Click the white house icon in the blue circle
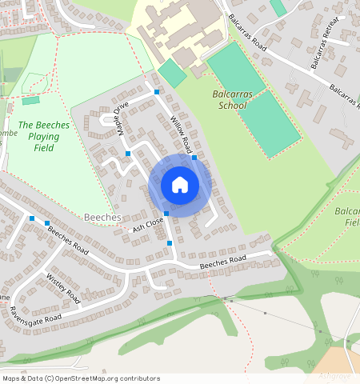[180, 185]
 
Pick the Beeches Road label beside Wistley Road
[67, 238]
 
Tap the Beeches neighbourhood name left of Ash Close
[102, 218]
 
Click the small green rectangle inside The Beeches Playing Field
[30, 101]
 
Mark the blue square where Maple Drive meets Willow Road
[157, 93]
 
